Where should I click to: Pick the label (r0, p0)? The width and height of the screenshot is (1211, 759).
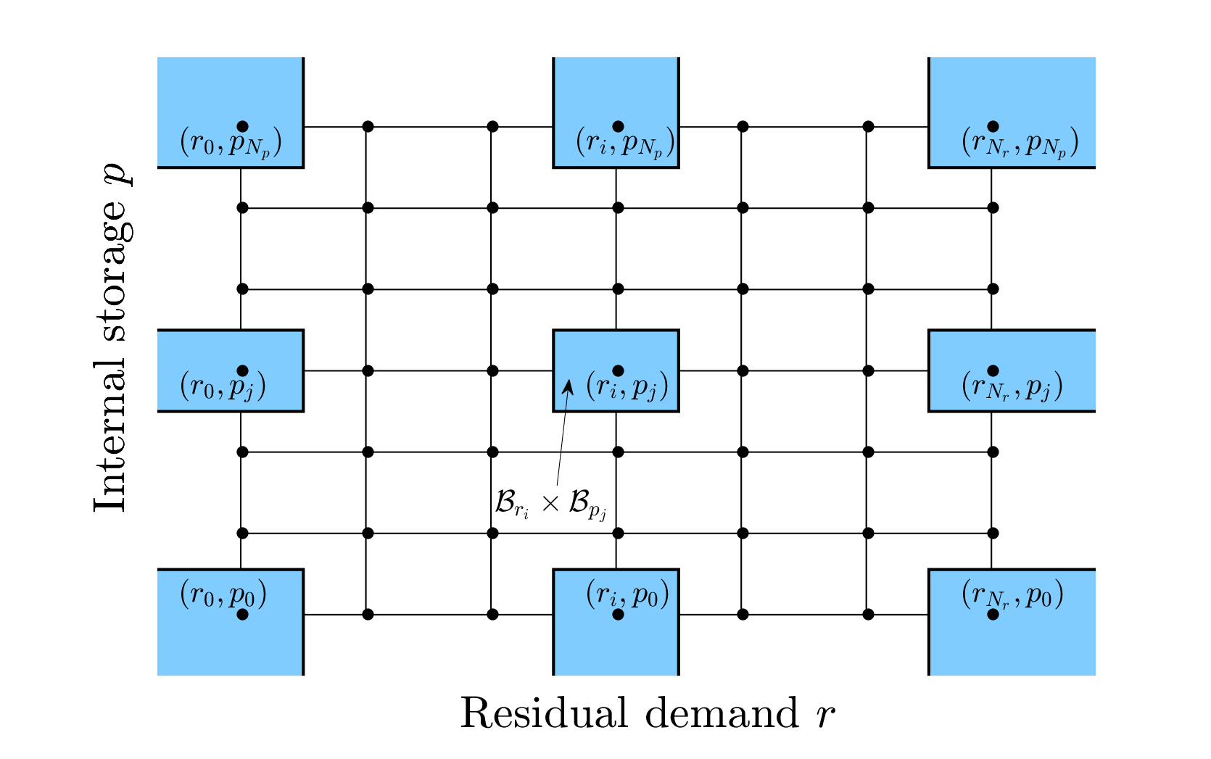pos(223,594)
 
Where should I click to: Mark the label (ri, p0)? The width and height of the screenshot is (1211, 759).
pos(628,594)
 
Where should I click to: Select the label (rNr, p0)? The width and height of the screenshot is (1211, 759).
pos(1012,595)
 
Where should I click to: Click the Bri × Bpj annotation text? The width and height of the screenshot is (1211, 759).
pos(551,505)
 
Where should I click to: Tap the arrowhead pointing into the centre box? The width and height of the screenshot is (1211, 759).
pos(568,387)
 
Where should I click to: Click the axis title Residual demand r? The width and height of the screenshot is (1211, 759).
pos(648,713)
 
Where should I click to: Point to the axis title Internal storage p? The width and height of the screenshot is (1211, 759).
pos(112,337)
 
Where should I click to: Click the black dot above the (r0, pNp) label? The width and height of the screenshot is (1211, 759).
pos(243,126)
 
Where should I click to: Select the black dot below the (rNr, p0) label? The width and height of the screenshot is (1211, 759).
pos(993,615)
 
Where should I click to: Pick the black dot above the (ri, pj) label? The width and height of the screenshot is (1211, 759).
pos(619,371)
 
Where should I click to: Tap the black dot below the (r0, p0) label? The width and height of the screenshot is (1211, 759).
pos(243,615)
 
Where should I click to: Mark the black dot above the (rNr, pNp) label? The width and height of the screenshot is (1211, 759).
pos(993,126)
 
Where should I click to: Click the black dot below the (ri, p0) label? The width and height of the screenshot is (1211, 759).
pos(619,615)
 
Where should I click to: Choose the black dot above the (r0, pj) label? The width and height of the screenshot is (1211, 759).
pos(243,371)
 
